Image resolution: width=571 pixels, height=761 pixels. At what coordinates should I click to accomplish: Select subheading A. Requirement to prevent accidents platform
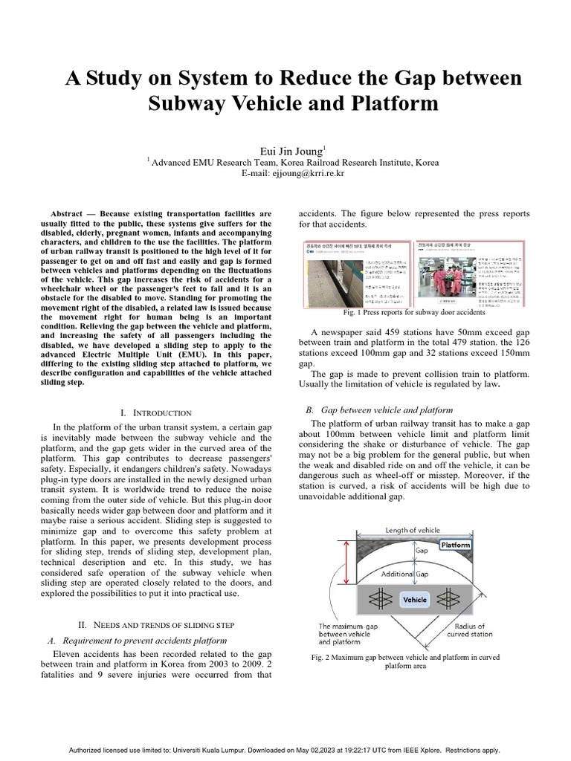coord(141,641)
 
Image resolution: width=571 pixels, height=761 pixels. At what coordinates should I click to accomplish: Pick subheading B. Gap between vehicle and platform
coord(379,409)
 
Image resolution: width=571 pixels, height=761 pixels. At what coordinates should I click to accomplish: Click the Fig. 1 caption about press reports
coord(414,312)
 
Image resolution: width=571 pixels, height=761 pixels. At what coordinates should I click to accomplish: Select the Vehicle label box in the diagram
coord(414,599)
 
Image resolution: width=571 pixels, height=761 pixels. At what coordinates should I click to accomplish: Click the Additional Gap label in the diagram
coord(404,574)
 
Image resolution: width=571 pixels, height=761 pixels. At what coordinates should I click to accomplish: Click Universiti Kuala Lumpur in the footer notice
coord(231,751)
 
